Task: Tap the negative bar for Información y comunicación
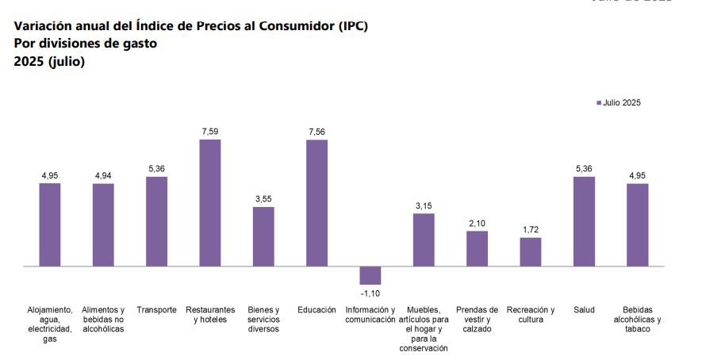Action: (370, 275)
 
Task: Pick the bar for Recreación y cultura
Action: (530, 252)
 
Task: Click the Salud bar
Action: (584, 221)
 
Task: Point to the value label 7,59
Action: (209, 132)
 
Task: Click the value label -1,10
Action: (370, 293)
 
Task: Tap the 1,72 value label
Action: (530, 230)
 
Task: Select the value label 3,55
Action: (263, 199)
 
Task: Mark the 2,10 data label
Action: (477, 224)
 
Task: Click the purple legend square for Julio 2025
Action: (599, 103)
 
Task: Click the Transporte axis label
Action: (156, 310)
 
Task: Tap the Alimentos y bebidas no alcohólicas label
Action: (103, 319)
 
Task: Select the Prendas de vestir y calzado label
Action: (477, 319)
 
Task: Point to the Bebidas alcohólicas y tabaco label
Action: (637, 319)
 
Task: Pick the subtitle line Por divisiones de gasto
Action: (86, 44)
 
